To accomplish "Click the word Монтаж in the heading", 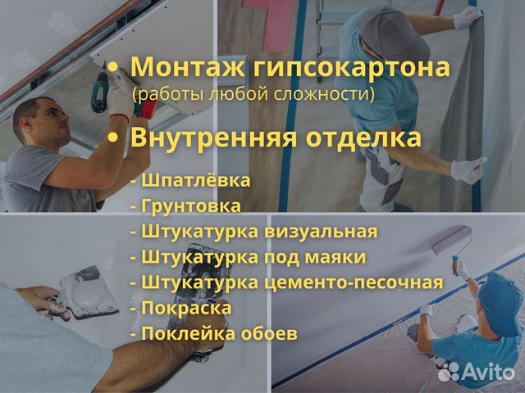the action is [188, 67].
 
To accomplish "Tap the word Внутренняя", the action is [213, 138].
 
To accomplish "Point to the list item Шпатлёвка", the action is [196, 180].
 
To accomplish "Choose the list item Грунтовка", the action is [191, 206].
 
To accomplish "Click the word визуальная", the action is [321, 232].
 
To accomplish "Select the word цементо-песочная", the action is [354, 282].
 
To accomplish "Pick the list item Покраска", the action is [186, 308].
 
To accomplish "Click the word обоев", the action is [270, 333].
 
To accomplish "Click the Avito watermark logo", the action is [476, 372].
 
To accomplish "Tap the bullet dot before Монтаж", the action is [113, 67].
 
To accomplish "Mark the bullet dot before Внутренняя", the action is [113, 138].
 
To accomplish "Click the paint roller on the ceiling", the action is [452, 239].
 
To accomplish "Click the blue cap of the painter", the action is [500, 302].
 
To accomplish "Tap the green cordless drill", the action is [100, 92].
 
